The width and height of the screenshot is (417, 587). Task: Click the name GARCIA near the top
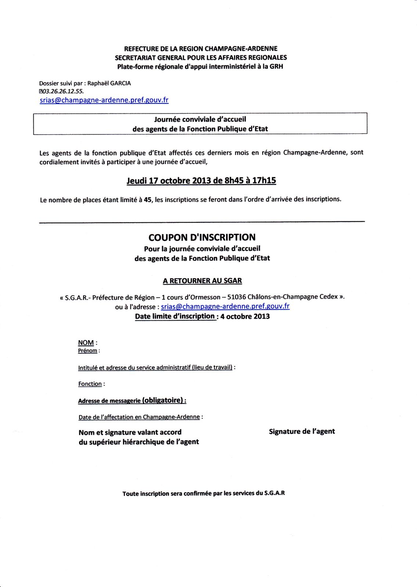[x=120, y=83]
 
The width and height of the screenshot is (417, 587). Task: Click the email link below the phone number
[x=104, y=100]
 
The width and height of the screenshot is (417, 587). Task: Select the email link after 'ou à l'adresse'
[x=225, y=306]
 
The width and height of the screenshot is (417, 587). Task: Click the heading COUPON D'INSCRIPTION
[x=202, y=237]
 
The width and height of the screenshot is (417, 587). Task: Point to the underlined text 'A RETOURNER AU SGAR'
[x=202, y=281]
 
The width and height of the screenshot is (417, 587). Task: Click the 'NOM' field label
[x=86, y=343]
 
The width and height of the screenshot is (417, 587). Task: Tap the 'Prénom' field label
[x=87, y=351]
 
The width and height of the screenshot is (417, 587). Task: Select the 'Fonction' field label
[x=90, y=384]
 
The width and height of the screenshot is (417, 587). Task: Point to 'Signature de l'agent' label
[x=302, y=431]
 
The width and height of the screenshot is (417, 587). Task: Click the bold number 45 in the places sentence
[x=148, y=200]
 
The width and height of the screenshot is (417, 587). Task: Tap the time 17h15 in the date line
[x=264, y=181]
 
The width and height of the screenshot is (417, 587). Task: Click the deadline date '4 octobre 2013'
[x=245, y=316]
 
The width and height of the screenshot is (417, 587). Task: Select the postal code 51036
[x=237, y=297]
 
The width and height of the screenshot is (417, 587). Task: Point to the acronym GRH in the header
[x=276, y=66]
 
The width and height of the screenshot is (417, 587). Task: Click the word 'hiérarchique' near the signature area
[x=144, y=442]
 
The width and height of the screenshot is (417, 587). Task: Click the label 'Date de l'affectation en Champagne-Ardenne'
[x=139, y=417]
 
